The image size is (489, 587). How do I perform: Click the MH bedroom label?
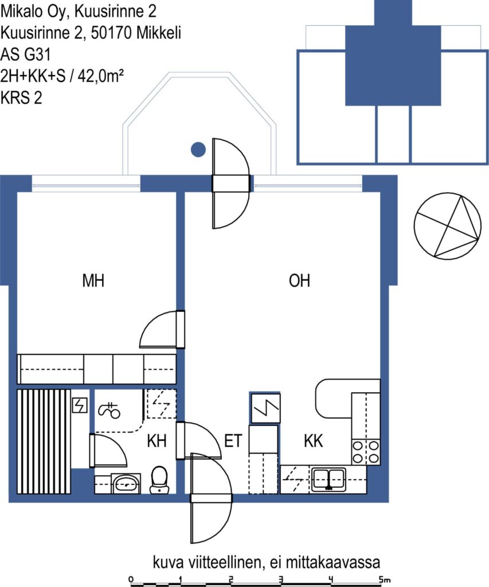point(93,280)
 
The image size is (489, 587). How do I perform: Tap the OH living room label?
point(300,280)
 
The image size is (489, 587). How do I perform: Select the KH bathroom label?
point(157,441)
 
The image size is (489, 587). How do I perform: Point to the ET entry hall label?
point(233,441)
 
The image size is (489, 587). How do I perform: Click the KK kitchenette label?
point(313,441)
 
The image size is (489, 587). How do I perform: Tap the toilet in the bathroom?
point(159,480)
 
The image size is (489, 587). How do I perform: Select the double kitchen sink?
point(328,479)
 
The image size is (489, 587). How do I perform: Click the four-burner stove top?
point(365,452)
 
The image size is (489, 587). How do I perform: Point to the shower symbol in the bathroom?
point(109,410)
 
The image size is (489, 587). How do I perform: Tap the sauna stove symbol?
point(80,405)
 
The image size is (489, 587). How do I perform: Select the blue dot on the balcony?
point(198,150)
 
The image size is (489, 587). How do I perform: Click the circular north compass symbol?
point(448,226)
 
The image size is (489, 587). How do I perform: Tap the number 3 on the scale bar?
point(281,580)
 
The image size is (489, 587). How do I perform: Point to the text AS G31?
point(25,54)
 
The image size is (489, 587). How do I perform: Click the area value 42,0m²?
point(100,76)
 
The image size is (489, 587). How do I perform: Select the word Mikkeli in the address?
point(158,33)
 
